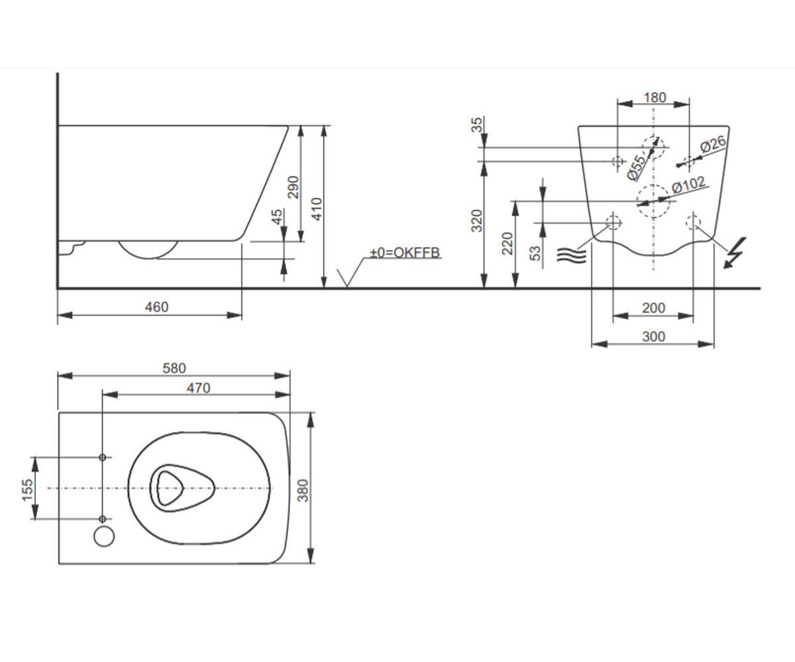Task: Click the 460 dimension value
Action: pos(156,307)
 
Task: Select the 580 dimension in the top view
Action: pos(174,368)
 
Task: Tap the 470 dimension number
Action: pos(198,388)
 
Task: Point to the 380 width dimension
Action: pos(303,491)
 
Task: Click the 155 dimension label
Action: pos(28,490)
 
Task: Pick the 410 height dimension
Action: pos(317,209)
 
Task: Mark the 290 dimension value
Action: pos(293,187)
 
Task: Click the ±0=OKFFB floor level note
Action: pos(405,253)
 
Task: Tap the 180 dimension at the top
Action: pos(655,98)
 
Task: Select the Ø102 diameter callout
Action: pos(689,185)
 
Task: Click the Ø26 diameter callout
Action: pos(714,144)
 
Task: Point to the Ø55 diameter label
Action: pos(637,167)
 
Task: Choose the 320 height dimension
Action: pos(477,220)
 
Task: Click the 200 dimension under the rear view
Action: pos(654,308)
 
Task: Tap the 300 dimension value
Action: pos(654,337)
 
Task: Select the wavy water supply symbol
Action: pos(572,255)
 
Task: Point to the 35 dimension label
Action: pos(477,125)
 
